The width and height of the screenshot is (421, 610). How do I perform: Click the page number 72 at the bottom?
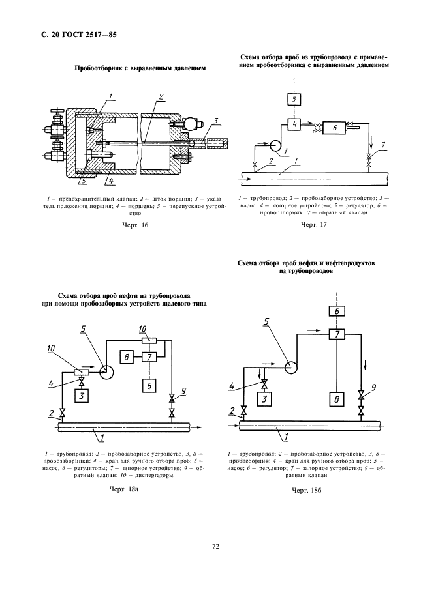pyautogui.click(x=216, y=546)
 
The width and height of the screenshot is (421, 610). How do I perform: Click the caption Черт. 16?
pyautogui.click(x=134, y=225)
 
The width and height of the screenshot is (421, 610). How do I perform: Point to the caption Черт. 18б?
pyautogui.click(x=307, y=490)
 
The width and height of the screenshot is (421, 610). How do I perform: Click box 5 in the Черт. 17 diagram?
pyautogui.click(x=294, y=100)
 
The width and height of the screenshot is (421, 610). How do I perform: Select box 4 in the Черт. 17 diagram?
pyautogui.click(x=294, y=124)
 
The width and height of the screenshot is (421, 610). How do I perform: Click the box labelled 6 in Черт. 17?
pyautogui.click(x=335, y=127)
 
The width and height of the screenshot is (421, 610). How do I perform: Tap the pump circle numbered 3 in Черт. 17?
pyautogui.click(x=275, y=145)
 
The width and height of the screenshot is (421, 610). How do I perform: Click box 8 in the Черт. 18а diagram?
pyautogui.click(x=126, y=356)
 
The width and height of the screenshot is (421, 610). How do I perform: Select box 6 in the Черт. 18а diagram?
pyautogui.click(x=149, y=385)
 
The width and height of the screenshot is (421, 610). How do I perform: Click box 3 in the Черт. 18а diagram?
pyautogui.click(x=82, y=395)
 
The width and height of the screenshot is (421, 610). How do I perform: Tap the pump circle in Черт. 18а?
pyautogui.click(x=106, y=372)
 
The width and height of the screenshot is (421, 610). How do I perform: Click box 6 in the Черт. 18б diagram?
pyautogui.click(x=337, y=312)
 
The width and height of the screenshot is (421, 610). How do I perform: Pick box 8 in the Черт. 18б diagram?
pyautogui.click(x=337, y=399)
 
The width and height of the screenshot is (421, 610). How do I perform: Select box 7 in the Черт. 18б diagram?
pyautogui.click(x=337, y=334)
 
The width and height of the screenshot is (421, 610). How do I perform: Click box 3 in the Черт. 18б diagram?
pyautogui.click(x=264, y=399)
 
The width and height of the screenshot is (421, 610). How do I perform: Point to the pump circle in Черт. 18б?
pyautogui.click(x=290, y=367)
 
